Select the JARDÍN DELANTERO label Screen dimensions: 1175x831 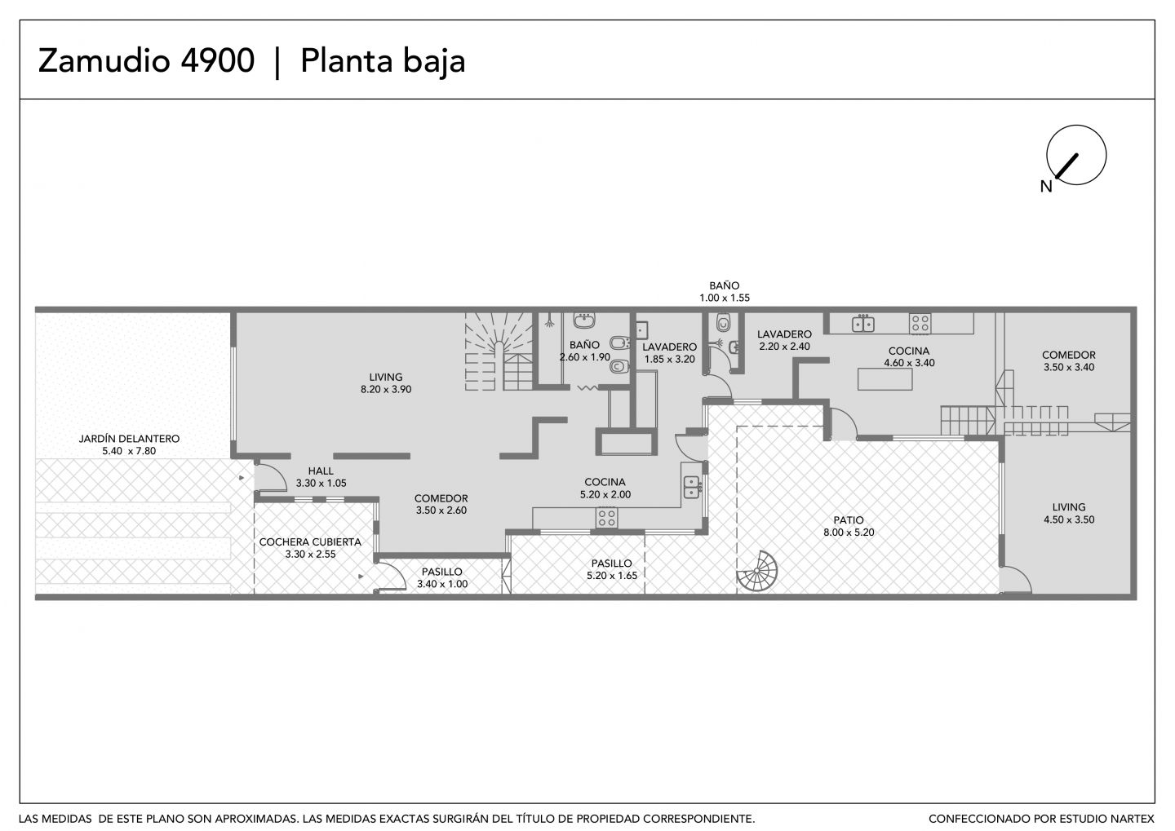pyautogui.click(x=129, y=439)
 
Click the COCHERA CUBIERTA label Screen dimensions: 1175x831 pyautogui.click(x=310, y=542)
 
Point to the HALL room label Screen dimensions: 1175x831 pyautogui.click(x=321, y=471)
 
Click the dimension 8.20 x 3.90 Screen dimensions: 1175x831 pyautogui.click(x=386, y=390)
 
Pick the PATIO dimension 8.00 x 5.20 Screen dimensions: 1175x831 pyautogui.click(x=849, y=533)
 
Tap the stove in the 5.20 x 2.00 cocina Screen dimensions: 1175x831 pyautogui.click(x=606, y=518)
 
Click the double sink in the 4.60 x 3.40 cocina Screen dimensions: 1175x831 pyautogui.click(x=863, y=323)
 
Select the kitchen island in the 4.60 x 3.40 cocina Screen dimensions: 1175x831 pyautogui.click(x=885, y=379)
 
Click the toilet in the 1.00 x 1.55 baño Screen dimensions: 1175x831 pyautogui.click(x=723, y=322)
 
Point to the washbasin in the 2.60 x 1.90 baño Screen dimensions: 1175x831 pyautogui.click(x=584, y=320)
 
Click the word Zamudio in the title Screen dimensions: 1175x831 pyautogui.click(x=104, y=60)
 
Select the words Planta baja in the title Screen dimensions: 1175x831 pyautogui.click(x=383, y=62)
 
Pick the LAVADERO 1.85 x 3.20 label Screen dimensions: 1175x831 pyautogui.click(x=669, y=353)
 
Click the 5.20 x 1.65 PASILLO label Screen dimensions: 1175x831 pyautogui.click(x=612, y=569)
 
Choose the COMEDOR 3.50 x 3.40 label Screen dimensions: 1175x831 pyautogui.click(x=1069, y=361)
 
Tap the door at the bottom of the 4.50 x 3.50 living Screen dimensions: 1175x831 pyautogui.click(x=1016, y=580)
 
